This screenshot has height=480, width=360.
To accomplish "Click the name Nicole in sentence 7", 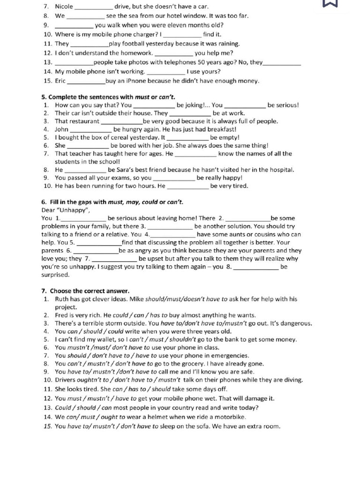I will click(64, 7).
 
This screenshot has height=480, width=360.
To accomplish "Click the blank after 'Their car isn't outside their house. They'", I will click(190, 113).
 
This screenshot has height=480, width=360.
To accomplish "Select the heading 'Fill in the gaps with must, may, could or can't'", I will click(112, 202).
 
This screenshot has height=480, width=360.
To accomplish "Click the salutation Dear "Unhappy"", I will click(66, 210).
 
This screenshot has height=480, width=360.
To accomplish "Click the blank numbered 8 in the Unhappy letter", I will click(255, 267).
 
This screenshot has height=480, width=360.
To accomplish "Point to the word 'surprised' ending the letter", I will click(56, 275).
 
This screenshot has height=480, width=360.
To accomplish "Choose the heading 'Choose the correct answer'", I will click(85, 291).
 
